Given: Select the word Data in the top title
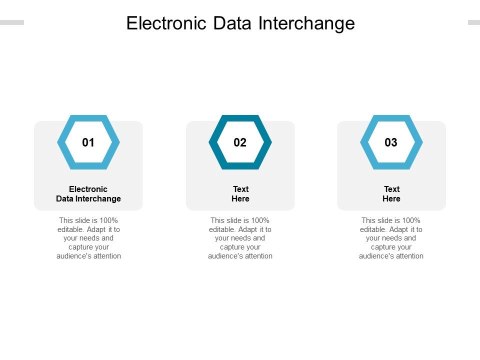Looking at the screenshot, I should [230, 23].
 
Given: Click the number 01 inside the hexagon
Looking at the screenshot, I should [88, 142].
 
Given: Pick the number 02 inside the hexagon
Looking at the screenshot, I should [240, 142].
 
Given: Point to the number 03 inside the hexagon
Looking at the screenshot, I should [391, 142].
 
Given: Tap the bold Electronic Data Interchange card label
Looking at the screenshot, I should [88, 194].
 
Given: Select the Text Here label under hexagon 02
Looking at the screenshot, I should [240, 194].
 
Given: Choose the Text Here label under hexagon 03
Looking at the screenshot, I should [391, 194].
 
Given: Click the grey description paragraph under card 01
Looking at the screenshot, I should [89, 238].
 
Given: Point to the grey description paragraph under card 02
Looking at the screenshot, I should [240, 238].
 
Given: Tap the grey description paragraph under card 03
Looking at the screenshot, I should [391, 238].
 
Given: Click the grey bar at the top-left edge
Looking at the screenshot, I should [11, 22].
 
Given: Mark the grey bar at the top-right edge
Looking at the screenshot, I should [474, 22].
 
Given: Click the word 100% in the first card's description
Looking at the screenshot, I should [108, 220].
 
